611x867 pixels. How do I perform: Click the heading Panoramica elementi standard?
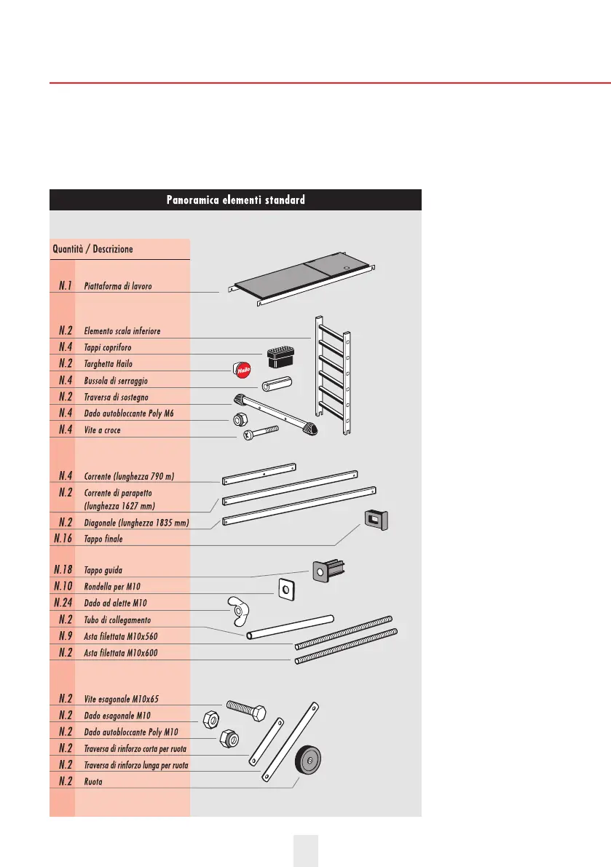tap(235, 199)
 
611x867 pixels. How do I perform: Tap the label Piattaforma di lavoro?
tap(118, 286)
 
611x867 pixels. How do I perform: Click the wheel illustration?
tap(308, 764)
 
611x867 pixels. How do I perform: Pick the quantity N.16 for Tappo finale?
tap(65, 539)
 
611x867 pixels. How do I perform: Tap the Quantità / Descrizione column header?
tap(92, 249)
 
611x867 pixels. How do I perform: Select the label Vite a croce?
tap(102, 430)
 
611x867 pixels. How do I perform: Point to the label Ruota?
tap(93, 781)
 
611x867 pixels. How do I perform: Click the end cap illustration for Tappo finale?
tap(376, 520)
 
